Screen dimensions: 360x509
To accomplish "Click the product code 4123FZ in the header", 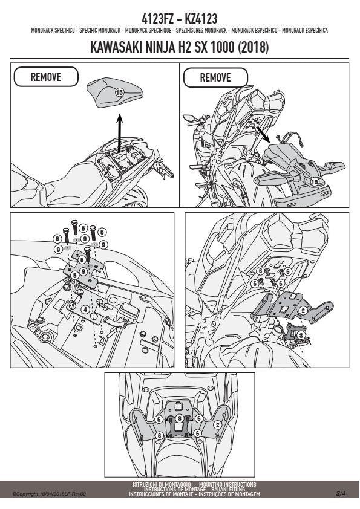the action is tap(157, 19).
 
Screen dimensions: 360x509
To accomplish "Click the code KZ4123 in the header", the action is tap(201, 19).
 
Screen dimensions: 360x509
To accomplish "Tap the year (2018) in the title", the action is tap(254, 47).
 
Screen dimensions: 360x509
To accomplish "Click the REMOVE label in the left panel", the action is tap(46, 77).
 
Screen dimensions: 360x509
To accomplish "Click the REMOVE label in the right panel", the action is tap(215, 77).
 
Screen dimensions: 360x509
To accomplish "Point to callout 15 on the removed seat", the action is tap(119, 92).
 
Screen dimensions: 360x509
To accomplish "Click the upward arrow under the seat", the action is tap(120, 132).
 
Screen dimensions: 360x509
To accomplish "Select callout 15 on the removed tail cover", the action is tap(315, 182).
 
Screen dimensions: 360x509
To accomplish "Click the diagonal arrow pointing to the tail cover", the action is tap(263, 134).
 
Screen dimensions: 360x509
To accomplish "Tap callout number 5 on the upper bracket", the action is tap(75, 276).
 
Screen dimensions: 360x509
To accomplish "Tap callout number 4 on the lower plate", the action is tap(85, 310).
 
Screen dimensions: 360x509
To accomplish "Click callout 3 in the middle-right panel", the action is tap(301, 335).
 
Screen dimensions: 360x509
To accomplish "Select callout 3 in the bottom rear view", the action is tap(179, 419).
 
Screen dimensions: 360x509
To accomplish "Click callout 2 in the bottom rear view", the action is tap(218, 424).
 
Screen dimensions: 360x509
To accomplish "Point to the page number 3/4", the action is tap(341, 494).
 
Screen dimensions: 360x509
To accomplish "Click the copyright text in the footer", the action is tap(49, 494).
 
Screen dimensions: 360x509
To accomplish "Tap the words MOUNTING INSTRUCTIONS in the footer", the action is tap(227, 485).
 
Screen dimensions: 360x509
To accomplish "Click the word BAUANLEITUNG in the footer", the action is tap(231, 490).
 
